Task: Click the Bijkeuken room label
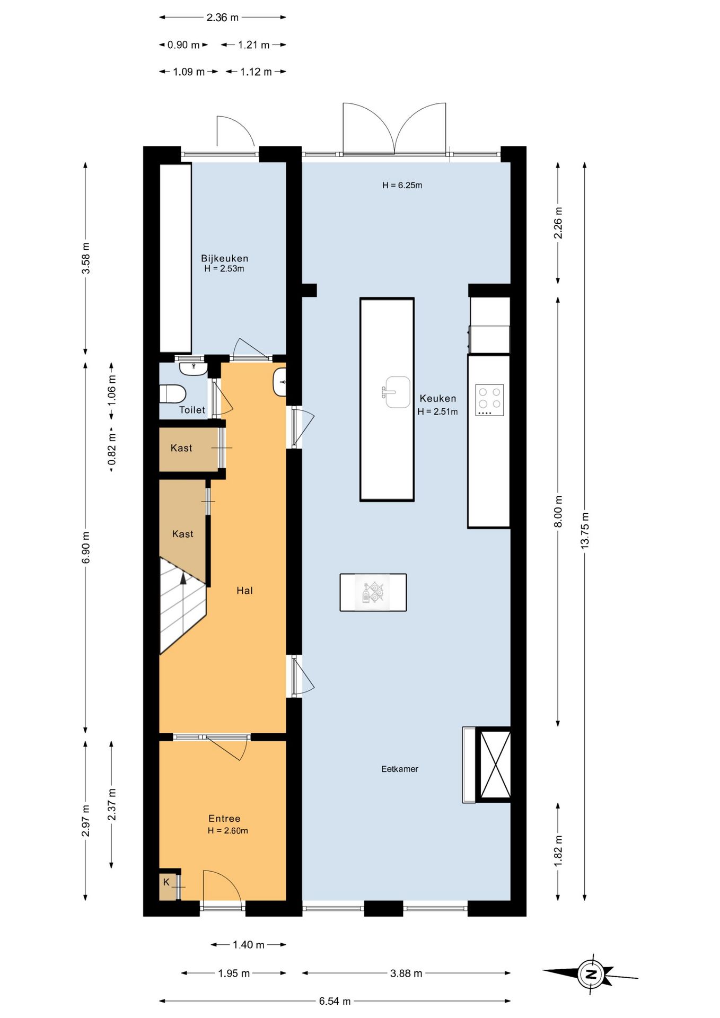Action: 224,258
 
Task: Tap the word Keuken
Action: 437,398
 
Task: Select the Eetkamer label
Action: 400,769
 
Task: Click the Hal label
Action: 244,590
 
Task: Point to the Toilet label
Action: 192,410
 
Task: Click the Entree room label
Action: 224,818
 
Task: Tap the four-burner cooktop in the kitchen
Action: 489,400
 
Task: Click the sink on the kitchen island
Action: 396,392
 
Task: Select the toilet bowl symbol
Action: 173,393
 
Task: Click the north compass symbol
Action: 591,973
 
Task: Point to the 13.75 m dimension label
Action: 584,530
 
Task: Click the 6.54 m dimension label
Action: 335,1001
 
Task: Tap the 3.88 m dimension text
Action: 406,973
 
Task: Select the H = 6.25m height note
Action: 402,185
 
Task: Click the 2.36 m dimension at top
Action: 223,17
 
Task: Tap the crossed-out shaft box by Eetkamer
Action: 495,764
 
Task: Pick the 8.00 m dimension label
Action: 558,511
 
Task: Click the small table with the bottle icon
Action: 373,592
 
